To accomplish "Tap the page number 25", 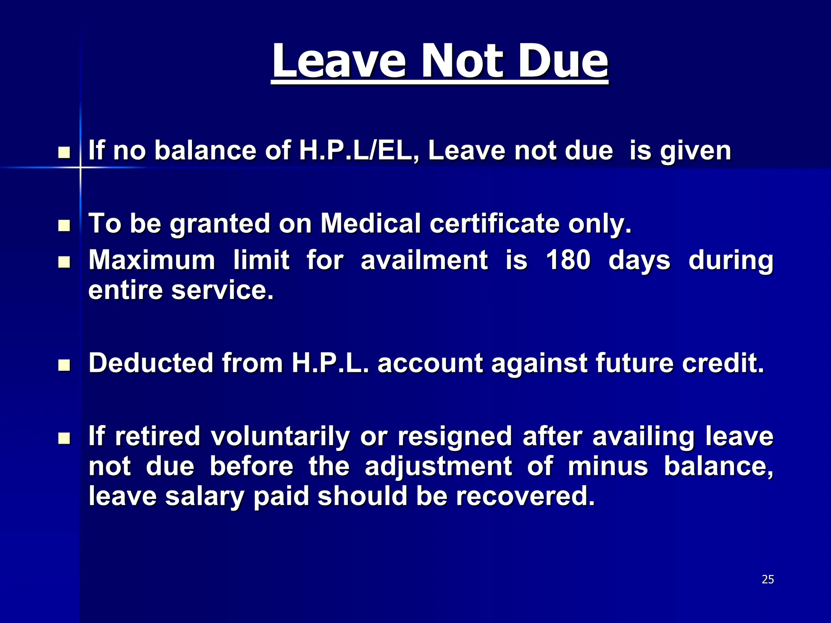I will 768,580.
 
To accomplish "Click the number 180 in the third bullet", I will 568,260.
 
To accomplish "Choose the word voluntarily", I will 280,436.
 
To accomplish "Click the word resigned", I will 455,436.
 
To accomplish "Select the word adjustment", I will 438,466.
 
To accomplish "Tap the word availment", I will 424,260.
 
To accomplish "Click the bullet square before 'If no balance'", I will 64,153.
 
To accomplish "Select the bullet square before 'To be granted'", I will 64,226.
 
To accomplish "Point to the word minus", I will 608,466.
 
